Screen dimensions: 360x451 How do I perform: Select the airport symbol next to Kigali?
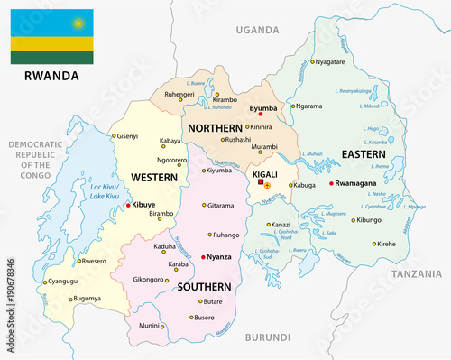pos(267,186)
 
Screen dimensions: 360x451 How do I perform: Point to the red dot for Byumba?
pos(260,115)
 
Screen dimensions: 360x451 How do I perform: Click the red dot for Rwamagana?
pos(332,184)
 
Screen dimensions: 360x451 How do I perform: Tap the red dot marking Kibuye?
pos(129,205)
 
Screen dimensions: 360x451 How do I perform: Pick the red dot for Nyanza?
pos(205,256)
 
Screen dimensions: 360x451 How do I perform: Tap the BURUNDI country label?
pos(268,337)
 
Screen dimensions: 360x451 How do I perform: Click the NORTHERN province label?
pos(215,128)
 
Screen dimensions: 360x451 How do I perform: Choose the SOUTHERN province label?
pos(205,287)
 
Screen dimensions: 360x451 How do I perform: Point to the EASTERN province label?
pos(364,155)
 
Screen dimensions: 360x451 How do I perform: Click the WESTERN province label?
pos(153,177)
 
